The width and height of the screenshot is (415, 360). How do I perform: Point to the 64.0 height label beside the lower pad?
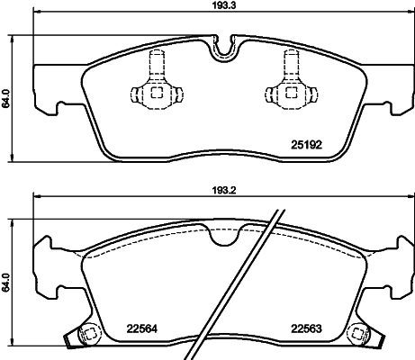6,283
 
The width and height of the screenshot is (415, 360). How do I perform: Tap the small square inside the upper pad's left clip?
156,93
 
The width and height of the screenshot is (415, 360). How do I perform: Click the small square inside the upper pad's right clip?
292,93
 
